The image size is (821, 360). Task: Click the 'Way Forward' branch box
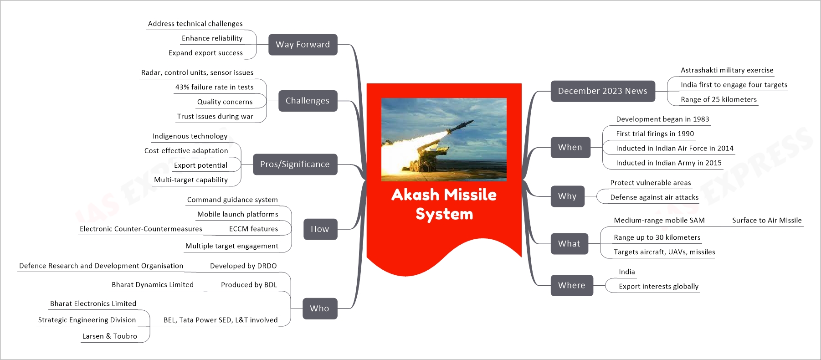pos(303,45)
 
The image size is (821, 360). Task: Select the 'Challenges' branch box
pos(307,101)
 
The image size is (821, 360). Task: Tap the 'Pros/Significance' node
pos(295,165)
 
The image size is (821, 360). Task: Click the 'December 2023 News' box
pos(602,91)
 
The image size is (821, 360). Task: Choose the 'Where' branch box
pos(571,286)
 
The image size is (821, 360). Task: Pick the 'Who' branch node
pos(319,309)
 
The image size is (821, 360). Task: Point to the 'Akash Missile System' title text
pos(444,204)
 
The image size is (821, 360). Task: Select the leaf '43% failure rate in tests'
pos(214,87)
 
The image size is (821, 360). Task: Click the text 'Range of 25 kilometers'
pos(718,99)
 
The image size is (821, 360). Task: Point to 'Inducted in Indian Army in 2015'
pos(668,163)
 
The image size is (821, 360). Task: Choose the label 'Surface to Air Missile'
pos(767,220)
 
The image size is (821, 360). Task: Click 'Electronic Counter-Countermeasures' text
pos(141,229)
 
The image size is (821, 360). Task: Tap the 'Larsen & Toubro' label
pos(109,336)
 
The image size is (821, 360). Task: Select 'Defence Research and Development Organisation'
pos(101,266)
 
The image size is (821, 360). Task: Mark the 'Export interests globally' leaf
pos(658,286)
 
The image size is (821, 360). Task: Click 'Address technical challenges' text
pos(195,24)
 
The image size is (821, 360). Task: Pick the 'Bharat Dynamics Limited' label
pos(153,284)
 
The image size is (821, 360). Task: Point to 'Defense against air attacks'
pos(654,197)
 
